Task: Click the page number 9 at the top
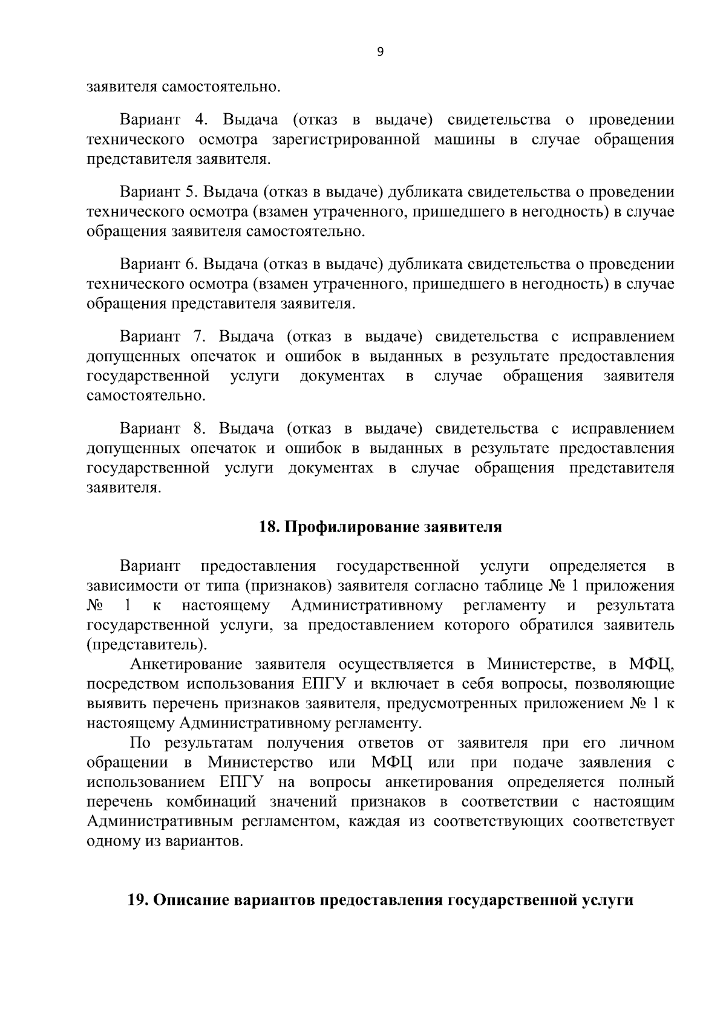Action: (380, 52)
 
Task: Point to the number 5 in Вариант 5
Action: (188, 192)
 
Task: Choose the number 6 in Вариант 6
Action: (188, 264)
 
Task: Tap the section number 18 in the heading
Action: (268, 527)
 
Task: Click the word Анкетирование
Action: (188, 664)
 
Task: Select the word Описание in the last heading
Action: (189, 899)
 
